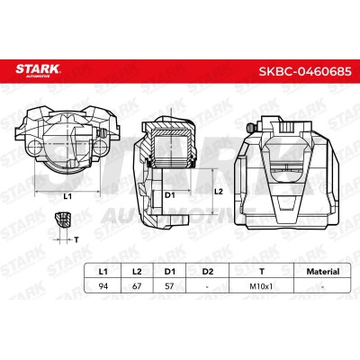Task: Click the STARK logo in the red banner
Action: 38,70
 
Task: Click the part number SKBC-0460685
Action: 305,72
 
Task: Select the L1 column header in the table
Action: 103,272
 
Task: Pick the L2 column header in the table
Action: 137,272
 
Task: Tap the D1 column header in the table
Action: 169,272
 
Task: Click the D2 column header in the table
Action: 207,272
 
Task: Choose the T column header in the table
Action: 262,272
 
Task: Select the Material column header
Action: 323,272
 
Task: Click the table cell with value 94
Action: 103,286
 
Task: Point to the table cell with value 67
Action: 137,286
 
